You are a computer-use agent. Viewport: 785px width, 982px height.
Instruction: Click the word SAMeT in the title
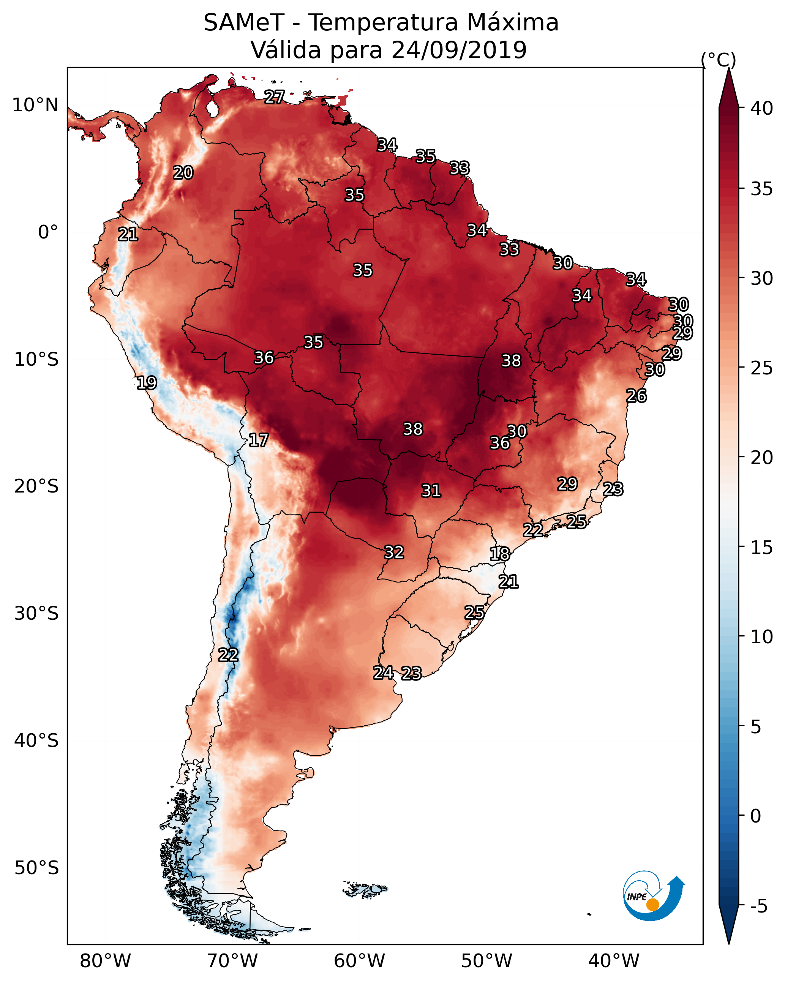coord(244,23)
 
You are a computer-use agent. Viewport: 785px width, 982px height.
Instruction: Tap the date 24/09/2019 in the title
coord(458,50)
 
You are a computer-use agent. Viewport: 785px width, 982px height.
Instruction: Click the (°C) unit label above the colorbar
coord(718,60)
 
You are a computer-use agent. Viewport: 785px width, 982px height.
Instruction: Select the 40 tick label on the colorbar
coord(762,108)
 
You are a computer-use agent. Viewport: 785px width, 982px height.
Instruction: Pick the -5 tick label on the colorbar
coord(758,906)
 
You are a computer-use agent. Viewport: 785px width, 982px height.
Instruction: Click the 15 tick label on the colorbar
coord(762,548)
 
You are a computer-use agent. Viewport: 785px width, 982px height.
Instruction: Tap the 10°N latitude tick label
coord(35,105)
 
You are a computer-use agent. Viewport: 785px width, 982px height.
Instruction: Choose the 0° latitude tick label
coord(48,232)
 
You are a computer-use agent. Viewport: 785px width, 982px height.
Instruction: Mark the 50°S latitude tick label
coord(36,868)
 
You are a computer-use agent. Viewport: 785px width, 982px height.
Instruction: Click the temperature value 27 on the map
coord(275,97)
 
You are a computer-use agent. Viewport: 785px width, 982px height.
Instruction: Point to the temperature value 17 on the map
coord(258,440)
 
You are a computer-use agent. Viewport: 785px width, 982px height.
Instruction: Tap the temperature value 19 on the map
coord(147,383)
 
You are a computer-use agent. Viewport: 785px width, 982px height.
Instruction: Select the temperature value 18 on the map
coord(500,554)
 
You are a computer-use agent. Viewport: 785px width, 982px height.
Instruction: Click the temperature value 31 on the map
coord(431,491)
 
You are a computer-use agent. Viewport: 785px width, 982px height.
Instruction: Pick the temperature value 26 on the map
coord(637,396)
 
